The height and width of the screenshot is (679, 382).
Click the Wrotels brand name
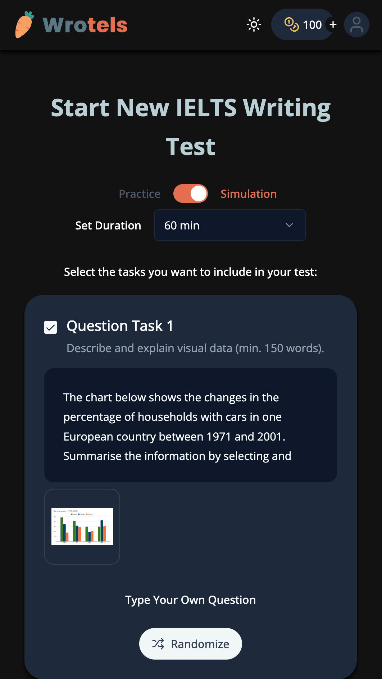coord(85,25)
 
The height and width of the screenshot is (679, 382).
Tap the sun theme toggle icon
coord(254,24)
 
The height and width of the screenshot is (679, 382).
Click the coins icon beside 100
coord(291,24)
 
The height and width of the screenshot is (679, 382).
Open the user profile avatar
coord(356,25)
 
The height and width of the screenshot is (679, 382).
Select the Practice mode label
coord(140,194)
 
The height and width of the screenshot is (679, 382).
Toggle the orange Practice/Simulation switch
coord(190,194)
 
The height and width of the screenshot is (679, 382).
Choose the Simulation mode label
coord(249,194)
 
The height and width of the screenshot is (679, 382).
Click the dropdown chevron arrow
coord(289,225)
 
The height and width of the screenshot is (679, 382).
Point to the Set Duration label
coord(108,225)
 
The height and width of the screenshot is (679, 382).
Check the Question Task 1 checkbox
coord(51,327)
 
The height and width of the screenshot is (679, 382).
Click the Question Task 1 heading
coord(120,326)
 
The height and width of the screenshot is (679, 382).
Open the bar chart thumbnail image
coord(82,527)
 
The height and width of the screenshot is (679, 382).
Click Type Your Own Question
coord(190,600)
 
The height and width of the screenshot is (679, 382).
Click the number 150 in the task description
coord(274,348)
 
